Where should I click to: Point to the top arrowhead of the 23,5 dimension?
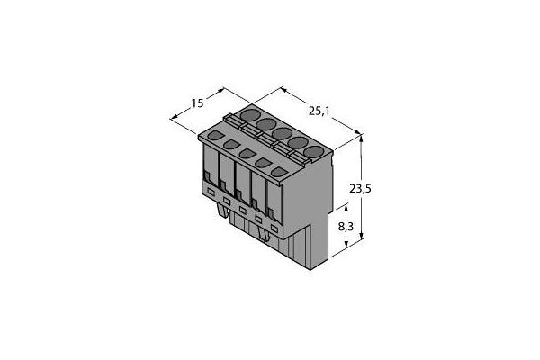click(361, 137)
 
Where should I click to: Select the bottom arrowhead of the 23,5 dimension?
click(361, 238)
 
